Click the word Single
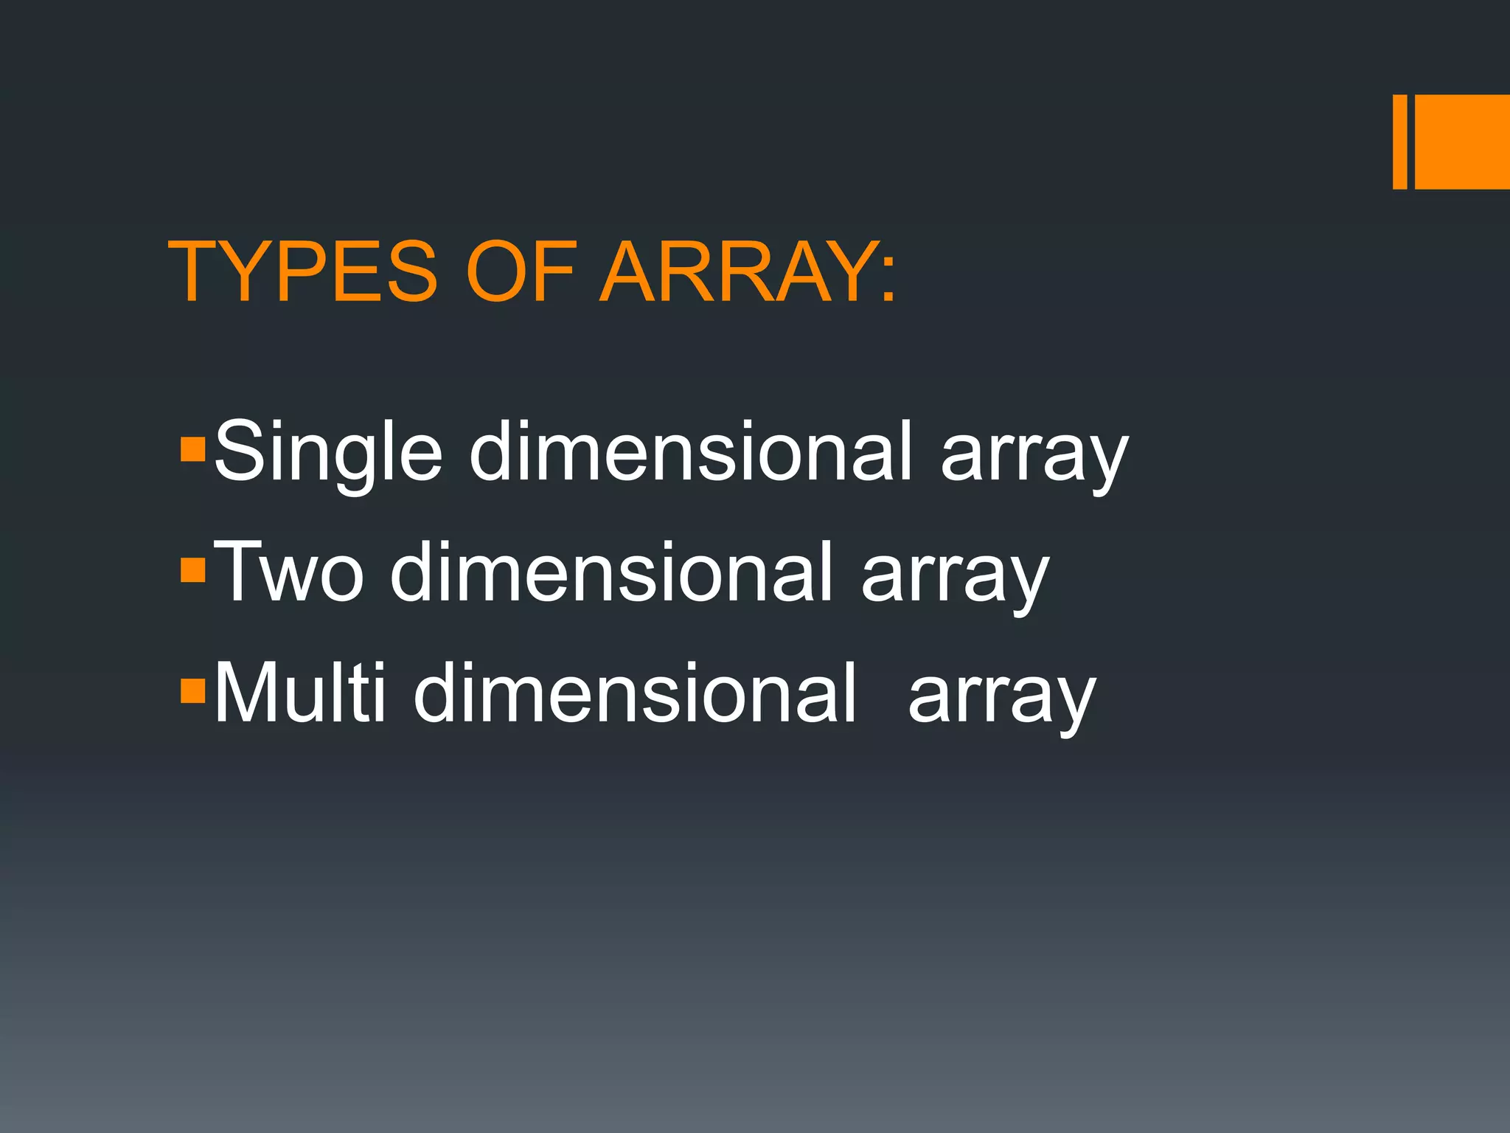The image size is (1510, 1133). point(328,451)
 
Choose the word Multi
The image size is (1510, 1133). point(299,693)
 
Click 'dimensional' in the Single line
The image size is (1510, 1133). point(691,451)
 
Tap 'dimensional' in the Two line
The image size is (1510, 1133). point(611,572)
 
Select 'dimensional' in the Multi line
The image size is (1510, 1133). point(635,693)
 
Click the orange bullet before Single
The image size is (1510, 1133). point(192,449)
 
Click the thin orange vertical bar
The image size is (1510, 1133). point(1399,142)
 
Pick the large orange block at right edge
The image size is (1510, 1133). point(1462,142)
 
